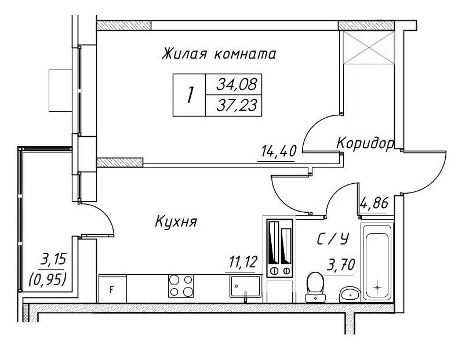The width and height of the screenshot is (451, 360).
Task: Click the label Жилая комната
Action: [x=219, y=54]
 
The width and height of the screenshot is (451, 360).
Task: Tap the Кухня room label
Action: [x=176, y=221]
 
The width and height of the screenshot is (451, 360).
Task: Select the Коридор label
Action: [x=365, y=143]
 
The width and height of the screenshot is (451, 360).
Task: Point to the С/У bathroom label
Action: [x=333, y=239]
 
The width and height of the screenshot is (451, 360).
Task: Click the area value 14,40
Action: [x=278, y=151]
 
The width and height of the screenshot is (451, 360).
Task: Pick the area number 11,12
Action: [x=243, y=262]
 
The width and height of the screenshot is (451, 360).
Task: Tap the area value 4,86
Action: [x=374, y=203]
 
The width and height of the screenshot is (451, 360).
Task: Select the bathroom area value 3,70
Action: [x=340, y=265]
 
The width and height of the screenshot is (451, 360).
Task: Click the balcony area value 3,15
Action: [x=53, y=260]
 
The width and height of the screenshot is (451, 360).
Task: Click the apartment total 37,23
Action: [x=237, y=106]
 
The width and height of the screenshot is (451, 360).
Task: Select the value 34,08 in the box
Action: [x=237, y=85]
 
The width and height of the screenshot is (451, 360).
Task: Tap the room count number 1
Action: [x=189, y=95]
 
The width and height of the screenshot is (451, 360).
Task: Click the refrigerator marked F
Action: [x=112, y=289]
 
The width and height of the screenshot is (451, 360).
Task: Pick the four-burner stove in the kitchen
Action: [x=181, y=286]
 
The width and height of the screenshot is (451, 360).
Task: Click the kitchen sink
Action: [x=245, y=287]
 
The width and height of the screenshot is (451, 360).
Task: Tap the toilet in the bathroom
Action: [x=315, y=288]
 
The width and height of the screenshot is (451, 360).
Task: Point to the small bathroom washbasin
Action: [x=350, y=294]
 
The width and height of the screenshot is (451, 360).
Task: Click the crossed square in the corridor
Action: [x=368, y=48]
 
